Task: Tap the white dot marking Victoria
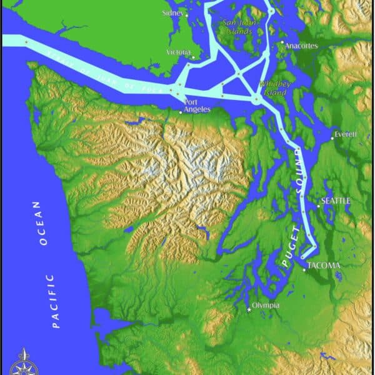[x=193, y=57]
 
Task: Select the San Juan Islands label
[x=237, y=27]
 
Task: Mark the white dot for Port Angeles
[x=181, y=112]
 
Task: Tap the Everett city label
[x=345, y=134]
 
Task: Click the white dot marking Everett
[x=332, y=138]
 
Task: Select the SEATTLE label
[x=336, y=201]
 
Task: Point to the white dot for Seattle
[x=318, y=207]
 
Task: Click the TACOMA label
[x=326, y=265]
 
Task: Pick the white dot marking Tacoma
[x=305, y=269]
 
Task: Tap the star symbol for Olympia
[x=249, y=309]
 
